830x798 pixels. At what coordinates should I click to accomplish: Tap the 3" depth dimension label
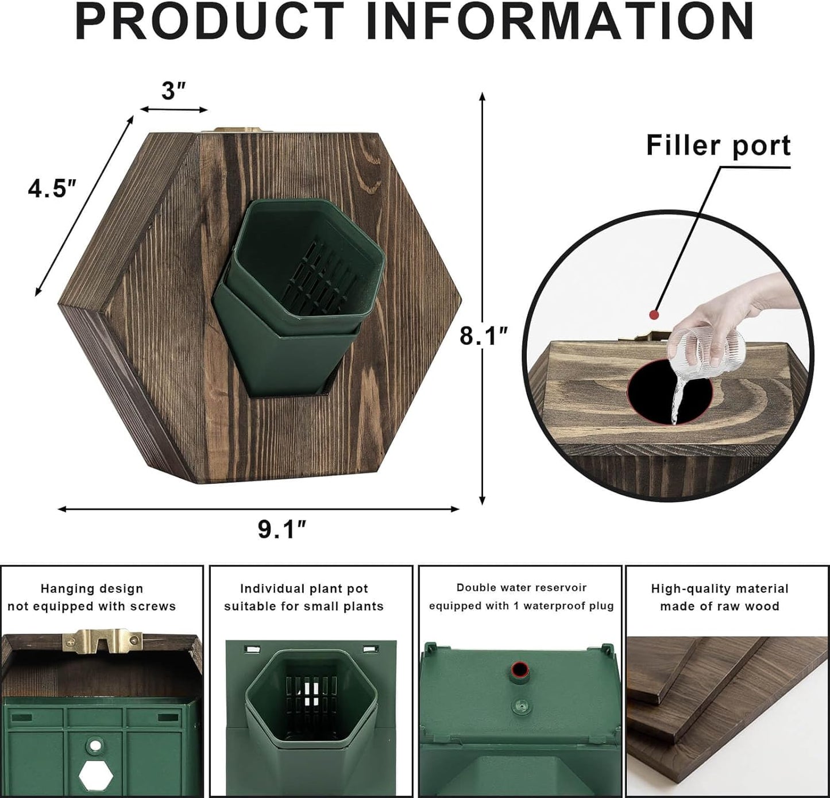click(x=173, y=91)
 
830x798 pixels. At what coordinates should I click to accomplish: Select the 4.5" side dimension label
click(x=52, y=188)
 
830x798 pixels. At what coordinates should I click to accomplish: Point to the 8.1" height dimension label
click(x=484, y=336)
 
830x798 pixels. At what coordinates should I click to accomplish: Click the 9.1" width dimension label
click(x=282, y=529)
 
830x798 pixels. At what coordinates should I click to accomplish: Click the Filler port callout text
click(x=718, y=145)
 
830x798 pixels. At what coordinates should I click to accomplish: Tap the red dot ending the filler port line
click(x=653, y=314)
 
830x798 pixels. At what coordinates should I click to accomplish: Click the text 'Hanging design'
click(x=92, y=589)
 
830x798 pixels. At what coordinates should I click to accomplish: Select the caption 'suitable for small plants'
click(x=304, y=606)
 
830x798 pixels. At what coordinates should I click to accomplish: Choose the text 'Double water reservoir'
click(x=522, y=588)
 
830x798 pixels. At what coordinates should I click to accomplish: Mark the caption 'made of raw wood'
click(x=719, y=606)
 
